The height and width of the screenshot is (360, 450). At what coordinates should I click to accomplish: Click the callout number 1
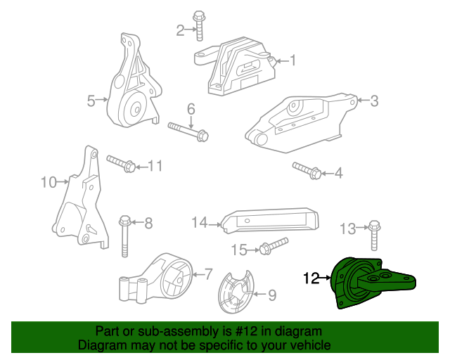point(293,60)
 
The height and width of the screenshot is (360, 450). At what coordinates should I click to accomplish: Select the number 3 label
point(374,101)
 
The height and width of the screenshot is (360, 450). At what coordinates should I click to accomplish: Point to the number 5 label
point(91,101)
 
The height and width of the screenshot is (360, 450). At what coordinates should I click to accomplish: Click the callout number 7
point(208,274)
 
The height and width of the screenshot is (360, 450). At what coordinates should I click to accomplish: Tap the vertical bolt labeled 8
point(124,236)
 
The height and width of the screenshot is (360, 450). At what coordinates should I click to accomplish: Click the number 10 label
point(48,183)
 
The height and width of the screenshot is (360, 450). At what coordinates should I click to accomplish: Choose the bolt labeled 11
point(122,165)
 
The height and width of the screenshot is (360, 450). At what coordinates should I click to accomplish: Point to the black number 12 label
point(311,278)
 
